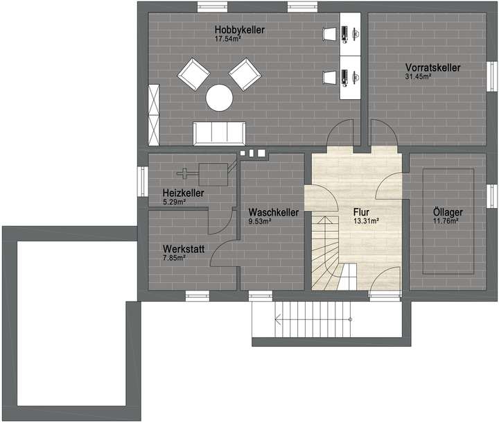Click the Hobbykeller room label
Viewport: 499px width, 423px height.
tap(240, 31)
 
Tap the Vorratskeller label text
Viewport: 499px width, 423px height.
tap(432, 67)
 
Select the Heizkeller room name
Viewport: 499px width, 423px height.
tap(183, 193)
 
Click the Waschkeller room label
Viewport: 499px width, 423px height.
tap(272, 212)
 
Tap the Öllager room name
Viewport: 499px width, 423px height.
tap(444, 212)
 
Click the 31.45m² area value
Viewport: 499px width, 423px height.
tap(419, 76)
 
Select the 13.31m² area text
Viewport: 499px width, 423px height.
tap(365, 222)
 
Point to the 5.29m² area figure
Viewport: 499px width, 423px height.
tap(175, 202)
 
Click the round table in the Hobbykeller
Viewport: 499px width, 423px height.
tap(220, 97)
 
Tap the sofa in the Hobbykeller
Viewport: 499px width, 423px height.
tap(219, 132)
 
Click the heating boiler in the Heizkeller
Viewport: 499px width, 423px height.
tap(213, 173)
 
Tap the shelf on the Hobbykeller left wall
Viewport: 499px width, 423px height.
tap(153, 111)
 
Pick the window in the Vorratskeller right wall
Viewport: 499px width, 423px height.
tap(491, 72)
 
